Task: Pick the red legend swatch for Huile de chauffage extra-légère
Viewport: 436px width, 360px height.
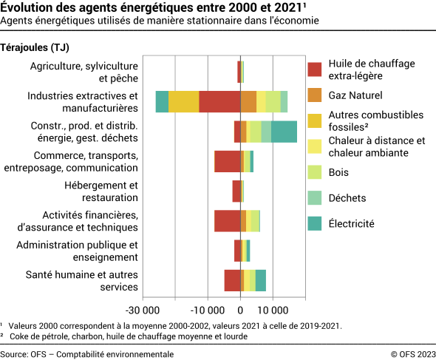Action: coord(315,69)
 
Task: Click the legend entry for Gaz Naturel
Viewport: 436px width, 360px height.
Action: coord(355,95)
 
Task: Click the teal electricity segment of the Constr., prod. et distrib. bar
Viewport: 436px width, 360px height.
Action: coord(284,132)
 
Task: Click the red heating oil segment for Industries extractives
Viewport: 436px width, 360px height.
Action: coord(219,102)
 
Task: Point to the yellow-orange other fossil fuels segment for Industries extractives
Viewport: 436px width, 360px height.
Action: coord(184,102)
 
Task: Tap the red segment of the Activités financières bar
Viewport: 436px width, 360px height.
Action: coord(227,221)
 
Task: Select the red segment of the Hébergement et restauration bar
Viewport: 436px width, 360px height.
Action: coord(236,191)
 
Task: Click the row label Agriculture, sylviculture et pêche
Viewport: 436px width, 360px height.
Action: coord(84,72)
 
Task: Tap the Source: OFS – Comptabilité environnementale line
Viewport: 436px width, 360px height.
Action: coord(87,354)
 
